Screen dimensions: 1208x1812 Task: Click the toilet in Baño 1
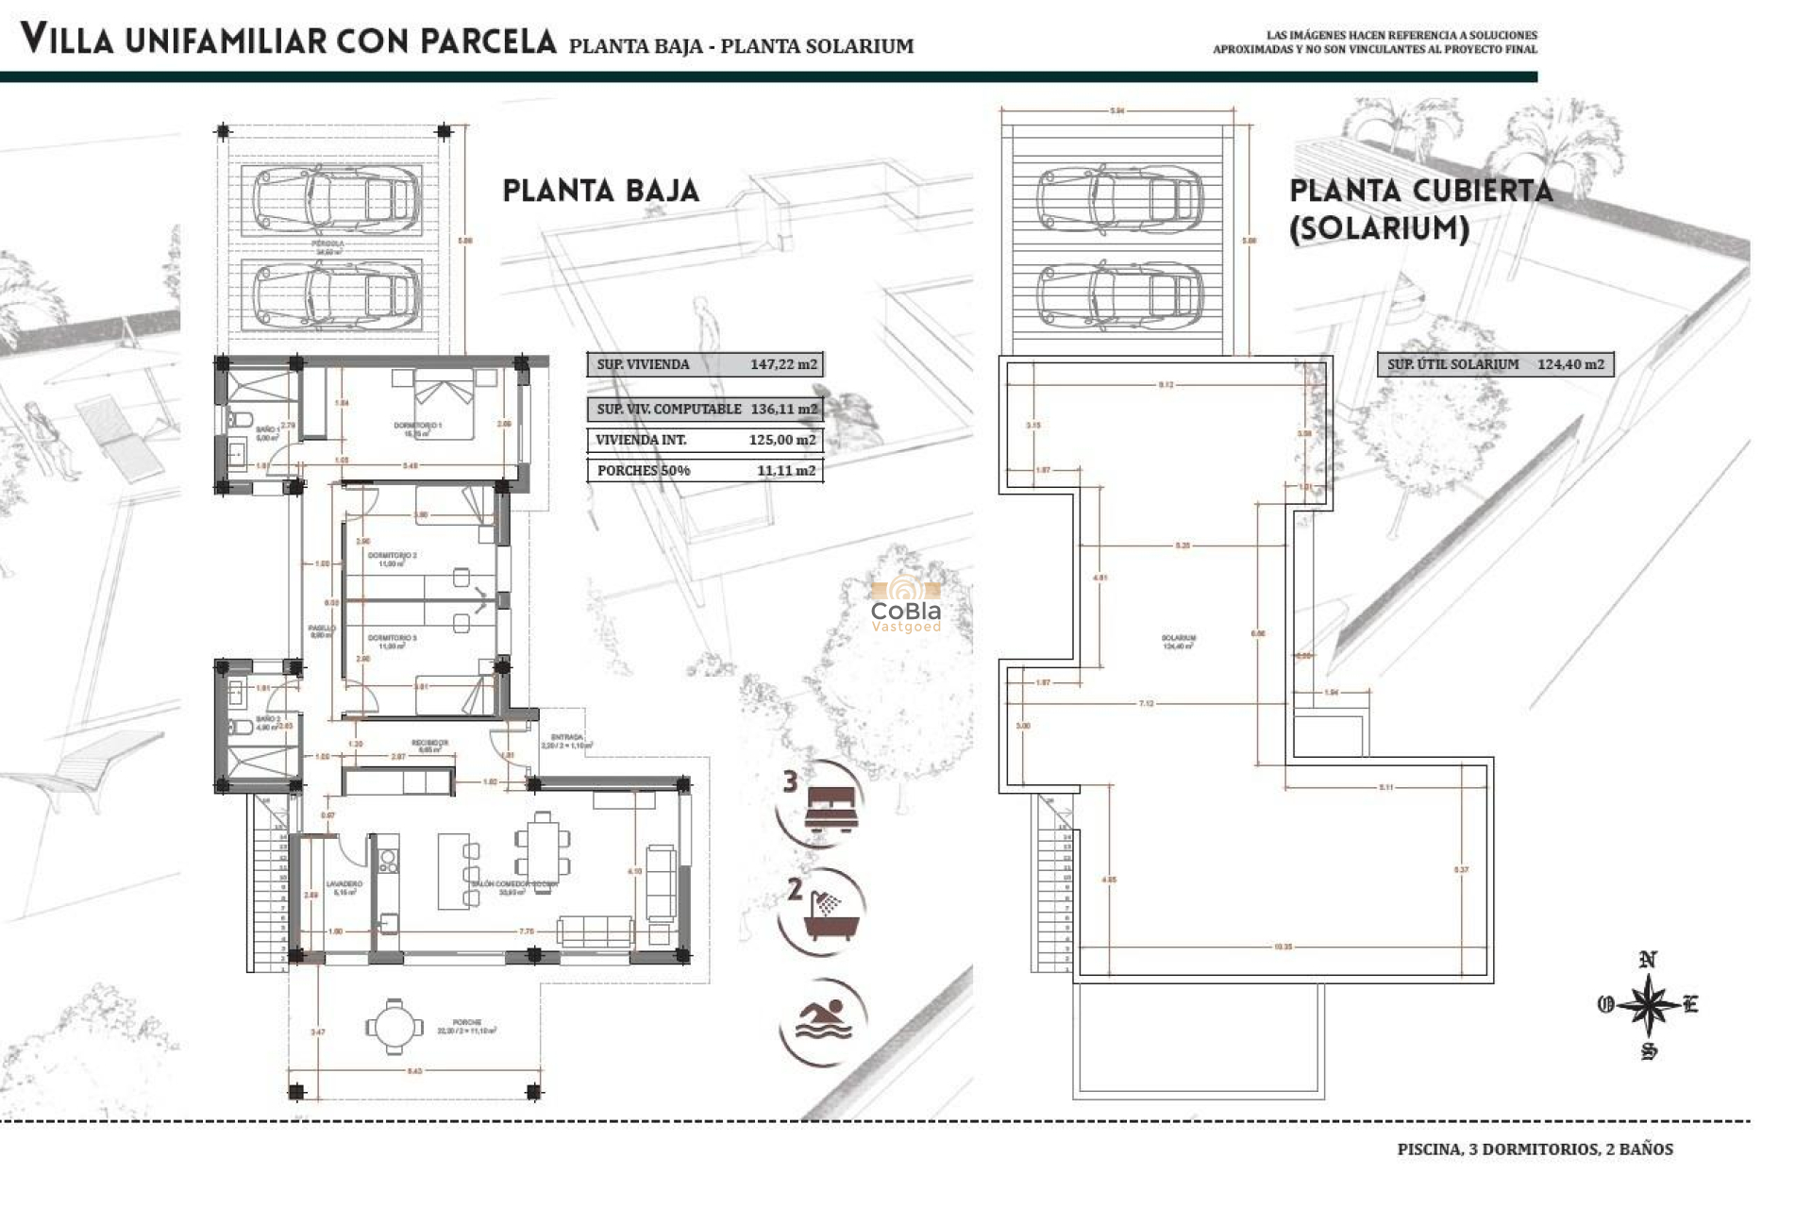242,419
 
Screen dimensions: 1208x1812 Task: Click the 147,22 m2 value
782,364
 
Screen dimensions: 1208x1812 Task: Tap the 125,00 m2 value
781,440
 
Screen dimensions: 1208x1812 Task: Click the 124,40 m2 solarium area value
1569,364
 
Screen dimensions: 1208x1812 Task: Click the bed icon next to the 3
832,810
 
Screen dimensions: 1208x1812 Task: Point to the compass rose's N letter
1648,960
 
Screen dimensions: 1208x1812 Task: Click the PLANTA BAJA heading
600,191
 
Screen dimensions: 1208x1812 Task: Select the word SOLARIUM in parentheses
1379,229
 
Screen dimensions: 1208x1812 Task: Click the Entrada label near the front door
566,737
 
